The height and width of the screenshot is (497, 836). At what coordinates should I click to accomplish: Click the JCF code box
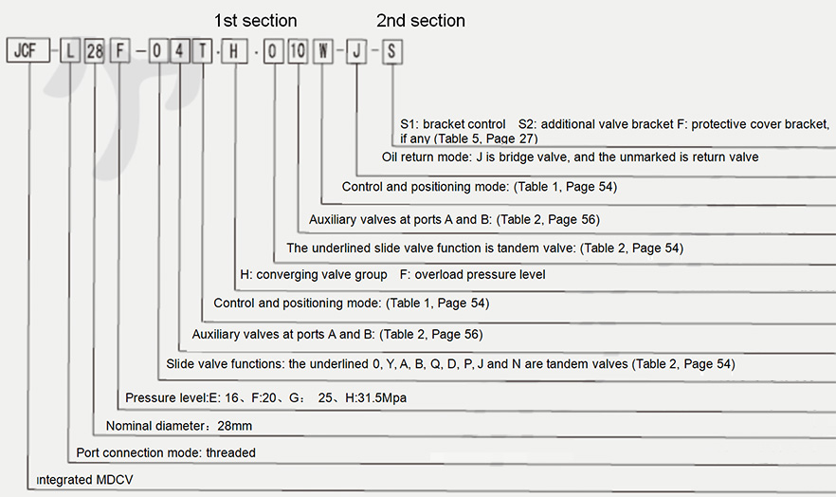pos(28,50)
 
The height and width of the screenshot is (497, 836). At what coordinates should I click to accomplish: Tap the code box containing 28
pos(95,52)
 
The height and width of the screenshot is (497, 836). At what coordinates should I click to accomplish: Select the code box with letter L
pos(70,52)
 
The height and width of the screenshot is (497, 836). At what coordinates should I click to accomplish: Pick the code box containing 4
pos(180,52)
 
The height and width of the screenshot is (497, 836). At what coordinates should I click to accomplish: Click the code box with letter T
pos(202,52)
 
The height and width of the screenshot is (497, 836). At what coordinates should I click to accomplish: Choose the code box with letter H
pos(235,52)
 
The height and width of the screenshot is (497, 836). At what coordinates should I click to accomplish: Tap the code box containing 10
pos(298,52)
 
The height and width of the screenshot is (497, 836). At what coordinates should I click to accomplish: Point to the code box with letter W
pos(322,52)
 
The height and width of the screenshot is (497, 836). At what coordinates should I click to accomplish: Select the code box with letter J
pos(356,52)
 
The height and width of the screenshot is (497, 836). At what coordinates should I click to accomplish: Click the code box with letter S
pos(391,52)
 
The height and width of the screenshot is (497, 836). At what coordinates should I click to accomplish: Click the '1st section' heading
pos(255,21)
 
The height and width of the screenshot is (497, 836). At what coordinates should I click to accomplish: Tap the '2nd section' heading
pos(421,21)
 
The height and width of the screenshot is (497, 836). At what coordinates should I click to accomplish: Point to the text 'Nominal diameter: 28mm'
pos(179,426)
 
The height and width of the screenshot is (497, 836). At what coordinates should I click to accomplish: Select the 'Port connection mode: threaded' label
pos(166,452)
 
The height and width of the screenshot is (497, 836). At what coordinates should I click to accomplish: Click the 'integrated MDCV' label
pos(84,480)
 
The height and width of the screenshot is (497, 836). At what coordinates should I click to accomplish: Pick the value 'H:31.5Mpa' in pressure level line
pos(376,397)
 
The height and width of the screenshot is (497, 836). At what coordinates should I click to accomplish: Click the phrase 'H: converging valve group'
pos(314,275)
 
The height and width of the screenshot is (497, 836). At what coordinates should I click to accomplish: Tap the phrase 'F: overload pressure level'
pos(472,275)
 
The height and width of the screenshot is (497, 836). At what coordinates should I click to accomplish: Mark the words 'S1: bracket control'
pos(453,124)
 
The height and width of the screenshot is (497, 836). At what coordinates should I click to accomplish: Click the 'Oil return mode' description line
pos(570,157)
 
